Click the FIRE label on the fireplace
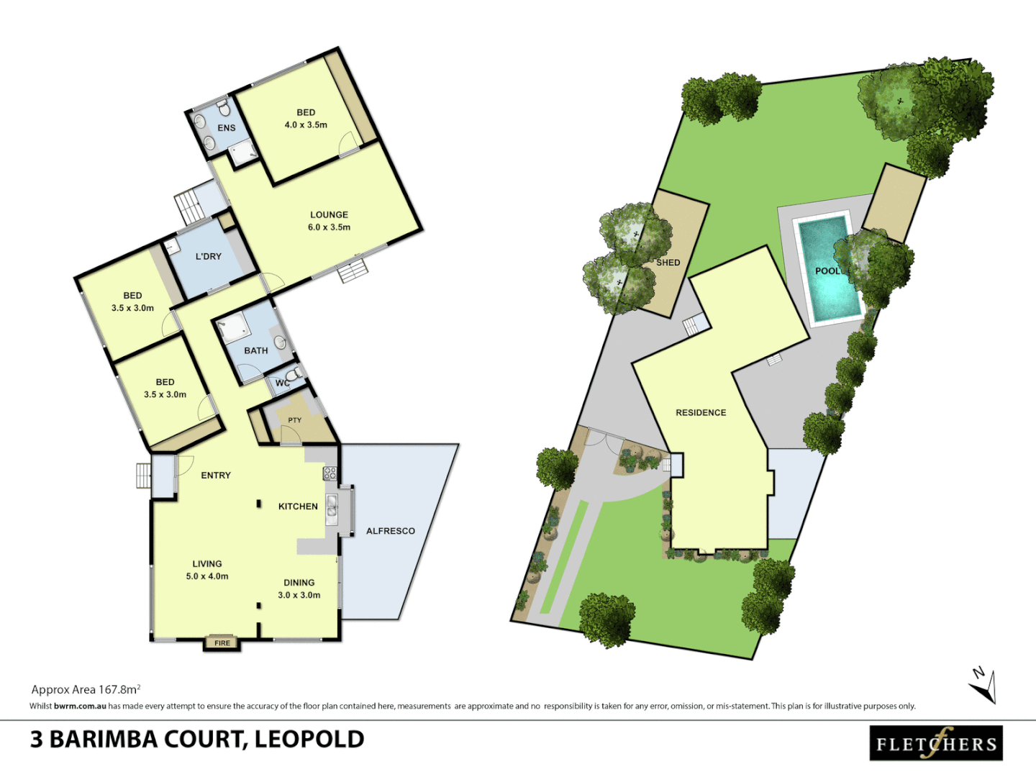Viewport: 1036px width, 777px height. tap(222, 642)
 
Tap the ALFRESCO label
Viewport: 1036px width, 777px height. tap(391, 531)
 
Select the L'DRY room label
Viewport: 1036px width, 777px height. tap(209, 256)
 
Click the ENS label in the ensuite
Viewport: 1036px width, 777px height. tap(227, 128)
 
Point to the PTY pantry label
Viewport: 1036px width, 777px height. tap(295, 420)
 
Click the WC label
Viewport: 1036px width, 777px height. tap(282, 383)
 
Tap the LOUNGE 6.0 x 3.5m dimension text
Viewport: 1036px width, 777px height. tap(330, 227)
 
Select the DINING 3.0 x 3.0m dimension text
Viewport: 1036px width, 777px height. tap(299, 595)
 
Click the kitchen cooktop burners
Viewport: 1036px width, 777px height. tap(330, 473)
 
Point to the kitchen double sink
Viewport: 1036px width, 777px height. tap(332, 506)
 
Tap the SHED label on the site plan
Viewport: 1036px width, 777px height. tap(668, 263)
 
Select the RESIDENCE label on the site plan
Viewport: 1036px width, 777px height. tap(701, 412)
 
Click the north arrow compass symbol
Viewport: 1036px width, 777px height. tap(983, 685)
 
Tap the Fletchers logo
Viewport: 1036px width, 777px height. tap(936, 743)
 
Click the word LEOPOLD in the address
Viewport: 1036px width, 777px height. tap(309, 739)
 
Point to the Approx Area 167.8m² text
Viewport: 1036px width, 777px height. tap(86, 689)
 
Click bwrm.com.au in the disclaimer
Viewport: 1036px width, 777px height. tap(80, 706)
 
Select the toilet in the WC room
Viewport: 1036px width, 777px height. tap(293, 375)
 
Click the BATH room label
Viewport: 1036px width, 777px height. tap(256, 350)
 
